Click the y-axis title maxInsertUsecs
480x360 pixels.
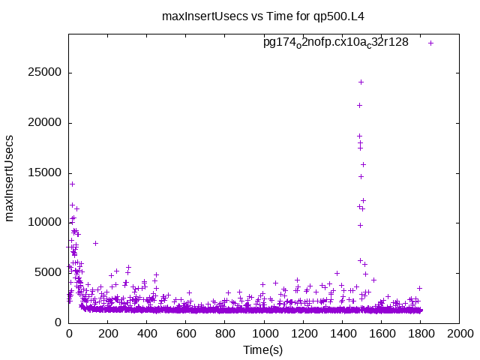(x=10, y=178)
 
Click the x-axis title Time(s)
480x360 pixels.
(x=262, y=350)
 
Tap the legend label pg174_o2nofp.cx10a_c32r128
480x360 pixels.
(x=336, y=43)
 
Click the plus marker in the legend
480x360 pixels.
(x=431, y=43)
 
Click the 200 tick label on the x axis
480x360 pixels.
(x=108, y=333)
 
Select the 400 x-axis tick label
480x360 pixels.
(x=147, y=333)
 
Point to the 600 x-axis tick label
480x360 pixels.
(x=186, y=333)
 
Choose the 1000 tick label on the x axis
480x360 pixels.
(x=264, y=333)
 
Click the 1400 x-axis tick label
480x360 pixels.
(x=342, y=333)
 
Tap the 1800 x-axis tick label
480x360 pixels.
(x=420, y=333)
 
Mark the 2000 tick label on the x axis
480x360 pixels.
(x=459, y=333)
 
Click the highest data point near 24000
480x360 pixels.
(x=361, y=82)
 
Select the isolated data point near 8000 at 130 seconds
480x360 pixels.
(x=95, y=243)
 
